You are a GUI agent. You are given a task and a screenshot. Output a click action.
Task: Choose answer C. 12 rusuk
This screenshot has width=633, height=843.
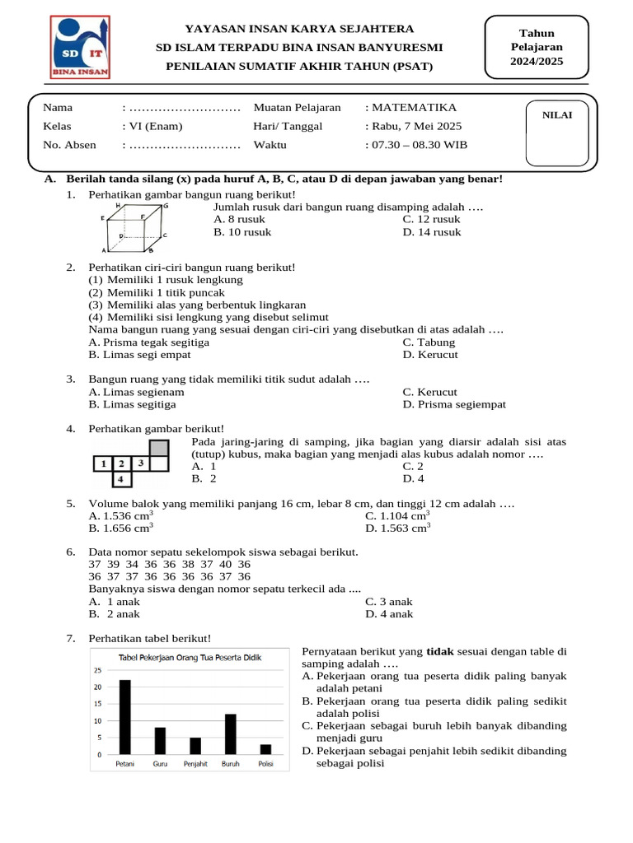click(x=431, y=220)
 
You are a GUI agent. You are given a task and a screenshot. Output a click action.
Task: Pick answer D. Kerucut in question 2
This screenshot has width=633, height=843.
click(x=430, y=355)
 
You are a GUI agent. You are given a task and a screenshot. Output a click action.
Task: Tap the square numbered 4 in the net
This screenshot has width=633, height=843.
click(x=121, y=478)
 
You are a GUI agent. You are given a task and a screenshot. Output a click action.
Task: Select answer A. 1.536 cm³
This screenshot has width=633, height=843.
click(x=120, y=516)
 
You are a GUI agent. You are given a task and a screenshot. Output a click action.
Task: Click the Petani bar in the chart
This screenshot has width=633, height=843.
click(x=125, y=717)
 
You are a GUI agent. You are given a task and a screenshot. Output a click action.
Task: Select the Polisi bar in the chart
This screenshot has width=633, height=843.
click(x=265, y=749)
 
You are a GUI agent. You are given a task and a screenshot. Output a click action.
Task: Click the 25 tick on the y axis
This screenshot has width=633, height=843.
click(x=98, y=671)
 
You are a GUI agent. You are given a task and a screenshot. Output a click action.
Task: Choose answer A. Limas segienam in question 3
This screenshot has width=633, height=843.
click(x=136, y=392)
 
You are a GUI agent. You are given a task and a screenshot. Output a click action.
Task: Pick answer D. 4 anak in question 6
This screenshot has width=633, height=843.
click(x=389, y=614)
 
